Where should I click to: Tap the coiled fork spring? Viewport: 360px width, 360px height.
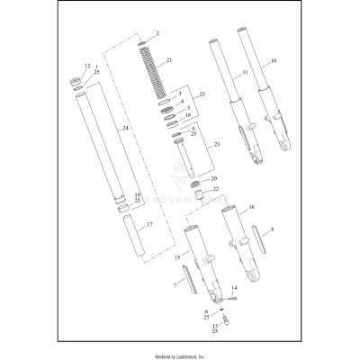click(149, 67)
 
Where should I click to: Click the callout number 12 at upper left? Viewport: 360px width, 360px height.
click(87, 66)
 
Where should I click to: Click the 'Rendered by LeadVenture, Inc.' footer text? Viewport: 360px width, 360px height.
click(180, 352)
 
